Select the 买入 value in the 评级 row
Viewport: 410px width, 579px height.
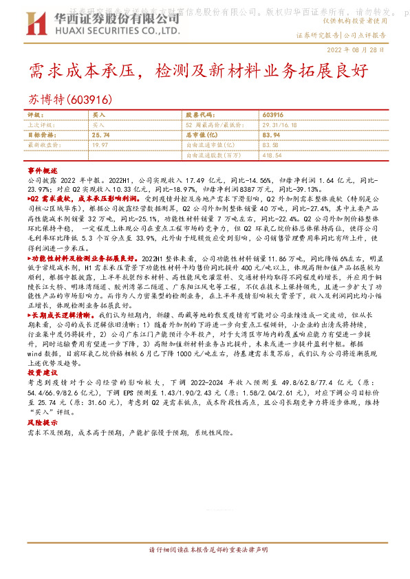tap(98, 115)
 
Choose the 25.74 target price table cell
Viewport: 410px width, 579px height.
tap(100, 135)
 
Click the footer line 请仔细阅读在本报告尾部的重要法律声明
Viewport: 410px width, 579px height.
tap(205, 550)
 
